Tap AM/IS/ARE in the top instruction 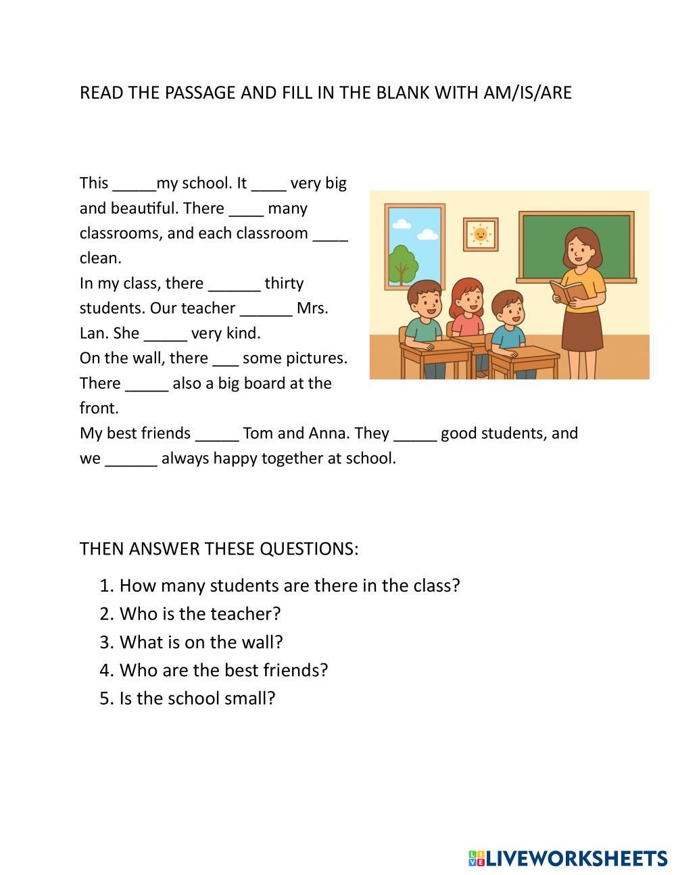(528, 93)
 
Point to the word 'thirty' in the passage (284, 283)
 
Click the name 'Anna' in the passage (328, 433)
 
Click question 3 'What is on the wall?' (201, 642)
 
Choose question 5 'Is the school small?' (197, 698)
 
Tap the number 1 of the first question (105, 586)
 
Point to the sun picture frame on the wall (481, 235)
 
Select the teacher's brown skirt (582, 331)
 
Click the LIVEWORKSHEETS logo (568, 858)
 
